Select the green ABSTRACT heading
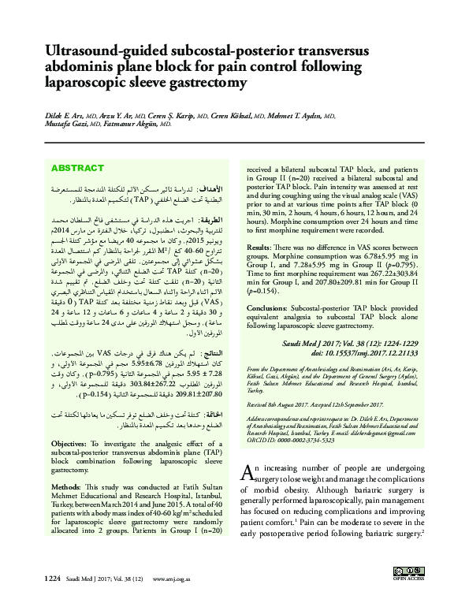77,169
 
